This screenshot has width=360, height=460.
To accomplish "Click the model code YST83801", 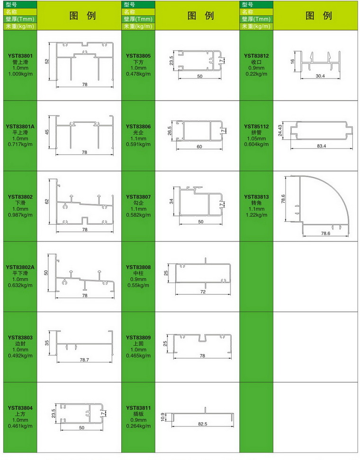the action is coord(20,56).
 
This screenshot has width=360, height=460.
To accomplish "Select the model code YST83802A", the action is coord(20,267).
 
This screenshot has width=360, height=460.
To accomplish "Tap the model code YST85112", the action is coord(256,126).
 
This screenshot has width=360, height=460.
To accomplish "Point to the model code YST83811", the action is coord(138,408).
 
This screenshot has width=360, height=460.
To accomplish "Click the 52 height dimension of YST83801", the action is coord(47,62).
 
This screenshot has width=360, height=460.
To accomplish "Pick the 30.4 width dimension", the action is coord(320,76).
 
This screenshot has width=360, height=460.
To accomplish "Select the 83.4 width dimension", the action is coord(322,146).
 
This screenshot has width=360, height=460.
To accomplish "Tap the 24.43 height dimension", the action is coord(280,131).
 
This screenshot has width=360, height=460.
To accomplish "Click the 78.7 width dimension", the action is coord(84,360).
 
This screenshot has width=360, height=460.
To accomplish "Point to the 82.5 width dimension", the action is coord(203,424).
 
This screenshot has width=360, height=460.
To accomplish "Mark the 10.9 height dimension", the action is coord(163,417).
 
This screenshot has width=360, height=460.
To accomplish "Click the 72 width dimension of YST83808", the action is coord(203,292).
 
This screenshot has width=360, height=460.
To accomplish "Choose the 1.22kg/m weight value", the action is coord(256,215).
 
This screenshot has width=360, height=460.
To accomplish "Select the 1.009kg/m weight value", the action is coord(20,74).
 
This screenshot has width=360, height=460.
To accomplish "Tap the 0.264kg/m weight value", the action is coord(138,426).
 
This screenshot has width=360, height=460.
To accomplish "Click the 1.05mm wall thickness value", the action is coord(256,139).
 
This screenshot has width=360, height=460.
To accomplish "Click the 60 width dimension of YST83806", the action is coord(199,146).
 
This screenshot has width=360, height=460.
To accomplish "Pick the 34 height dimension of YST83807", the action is coord(171,201).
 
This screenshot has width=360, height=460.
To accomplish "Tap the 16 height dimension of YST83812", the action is coord(292,62).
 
